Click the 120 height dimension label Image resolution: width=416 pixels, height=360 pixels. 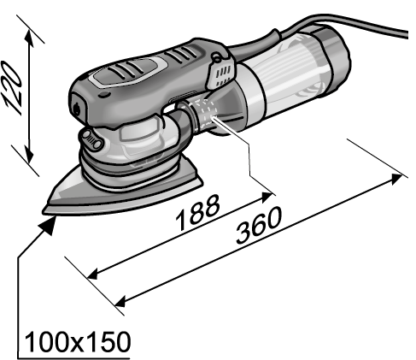12,88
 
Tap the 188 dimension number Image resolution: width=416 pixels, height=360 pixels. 197,212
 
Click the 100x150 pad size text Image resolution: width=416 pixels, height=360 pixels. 78,342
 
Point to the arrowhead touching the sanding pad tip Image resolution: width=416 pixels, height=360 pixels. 48,225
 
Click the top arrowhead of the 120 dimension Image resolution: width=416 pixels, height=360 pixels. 30,37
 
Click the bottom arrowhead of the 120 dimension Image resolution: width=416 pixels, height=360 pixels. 29,154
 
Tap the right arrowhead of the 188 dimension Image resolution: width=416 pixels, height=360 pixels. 267,198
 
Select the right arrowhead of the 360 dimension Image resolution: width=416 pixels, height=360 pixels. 396,180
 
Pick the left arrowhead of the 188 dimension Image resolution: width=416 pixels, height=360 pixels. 92,274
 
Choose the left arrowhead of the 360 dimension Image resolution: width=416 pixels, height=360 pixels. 120,302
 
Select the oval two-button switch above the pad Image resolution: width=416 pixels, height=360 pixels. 91,139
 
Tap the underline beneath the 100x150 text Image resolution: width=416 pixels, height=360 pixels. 73,358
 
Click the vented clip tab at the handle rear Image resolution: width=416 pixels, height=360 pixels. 221,72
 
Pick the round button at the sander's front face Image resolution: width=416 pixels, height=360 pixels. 77,109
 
